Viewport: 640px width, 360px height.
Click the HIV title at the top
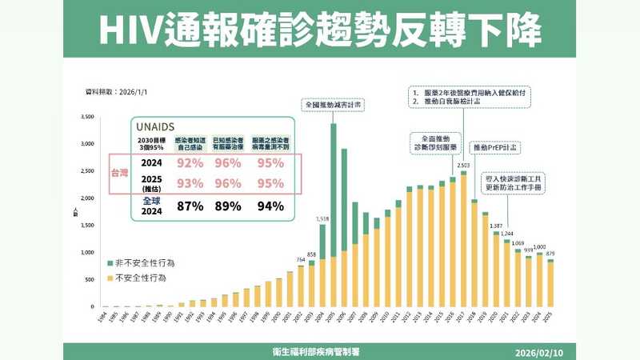click(320, 30)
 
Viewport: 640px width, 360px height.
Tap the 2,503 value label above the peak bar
click(463, 166)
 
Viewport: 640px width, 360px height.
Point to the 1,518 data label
click(322, 218)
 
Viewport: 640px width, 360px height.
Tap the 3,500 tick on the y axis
click(88, 118)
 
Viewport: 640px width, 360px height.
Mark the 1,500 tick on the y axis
click(88, 226)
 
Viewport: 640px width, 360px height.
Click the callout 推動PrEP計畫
click(494, 148)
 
